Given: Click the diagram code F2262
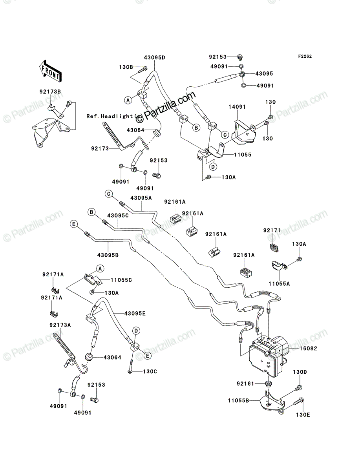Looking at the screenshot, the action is [x=305, y=57].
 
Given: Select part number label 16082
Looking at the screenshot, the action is [x=308, y=348].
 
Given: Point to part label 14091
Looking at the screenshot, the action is [x=237, y=107].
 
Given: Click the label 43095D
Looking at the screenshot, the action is [x=154, y=58].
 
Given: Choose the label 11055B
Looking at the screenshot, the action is [x=238, y=400].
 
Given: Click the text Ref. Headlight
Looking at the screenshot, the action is [x=110, y=116].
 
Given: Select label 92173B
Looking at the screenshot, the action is [x=50, y=91].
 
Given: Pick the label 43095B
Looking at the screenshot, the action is [x=108, y=255].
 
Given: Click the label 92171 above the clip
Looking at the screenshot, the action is [x=272, y=230].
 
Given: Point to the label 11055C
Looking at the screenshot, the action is [x=121, y=280].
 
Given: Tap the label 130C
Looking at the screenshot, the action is [x=150, y=371].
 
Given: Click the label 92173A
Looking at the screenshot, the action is [x=60, y=325].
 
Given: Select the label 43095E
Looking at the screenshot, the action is [x=135, y=314].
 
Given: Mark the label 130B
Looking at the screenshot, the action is [x=126, y=67].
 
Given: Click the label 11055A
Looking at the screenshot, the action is [x=279, y=284].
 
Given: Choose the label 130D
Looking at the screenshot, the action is [x=300, y=372].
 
